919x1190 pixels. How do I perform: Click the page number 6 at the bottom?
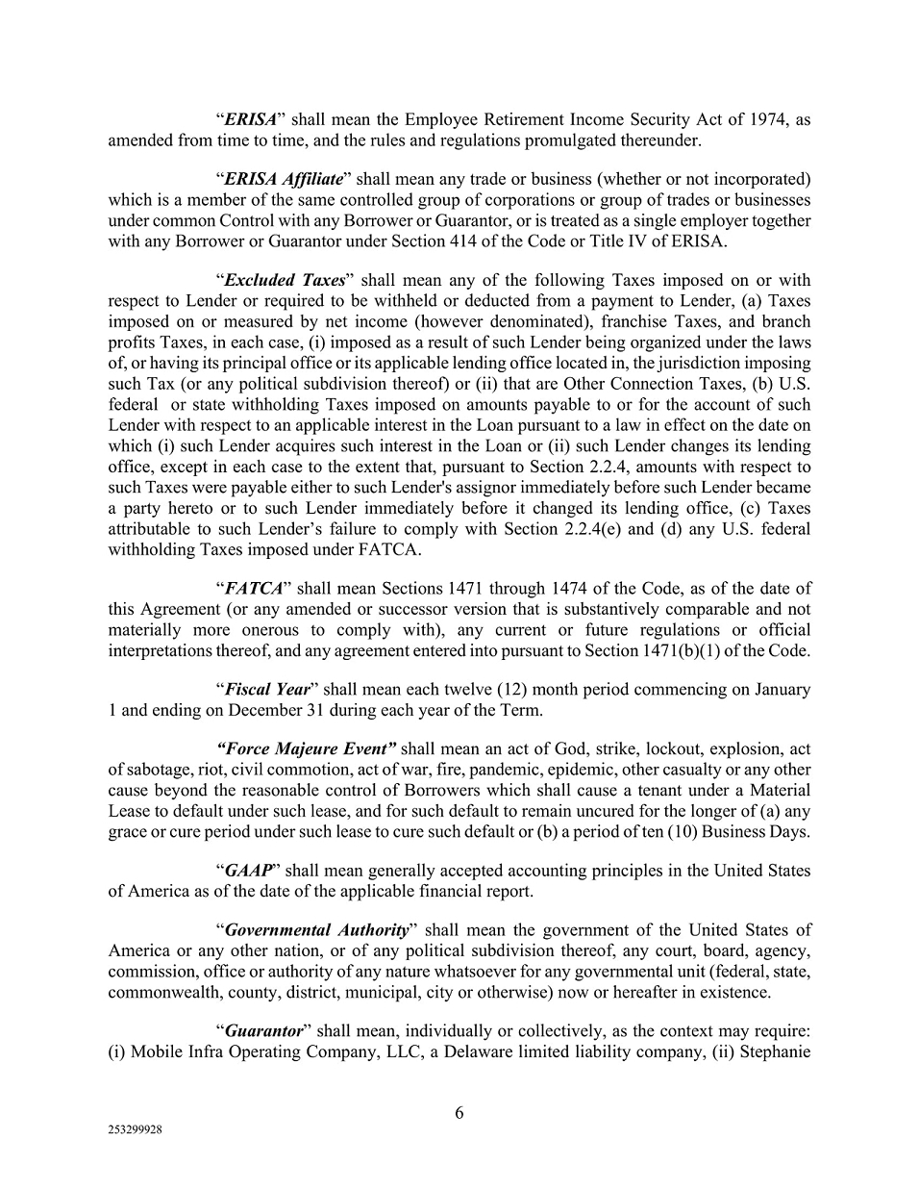click(459, 1113)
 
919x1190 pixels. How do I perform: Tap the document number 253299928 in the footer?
click(135, 1131)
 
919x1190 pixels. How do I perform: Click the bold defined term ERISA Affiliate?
click(283, 179)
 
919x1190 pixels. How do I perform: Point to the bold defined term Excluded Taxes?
click(284, 280)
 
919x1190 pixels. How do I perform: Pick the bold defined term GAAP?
click(248, 871)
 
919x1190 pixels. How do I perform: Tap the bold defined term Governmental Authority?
click(316, 930)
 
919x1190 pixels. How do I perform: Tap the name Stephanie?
click(774, 1051)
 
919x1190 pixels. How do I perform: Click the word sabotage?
click(159, 770)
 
